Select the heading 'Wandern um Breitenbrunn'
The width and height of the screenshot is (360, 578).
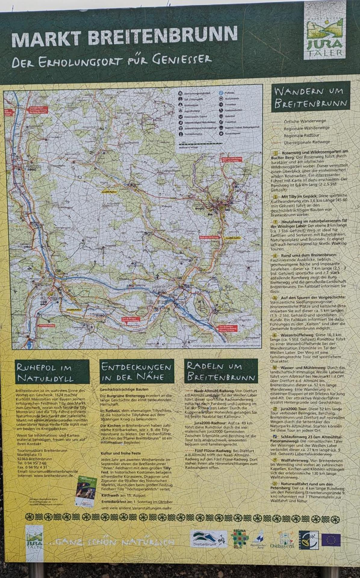pos(311,97)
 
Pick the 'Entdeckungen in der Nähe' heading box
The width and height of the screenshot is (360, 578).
pos(137,371)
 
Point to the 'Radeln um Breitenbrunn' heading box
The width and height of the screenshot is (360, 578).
pos(221,371)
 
